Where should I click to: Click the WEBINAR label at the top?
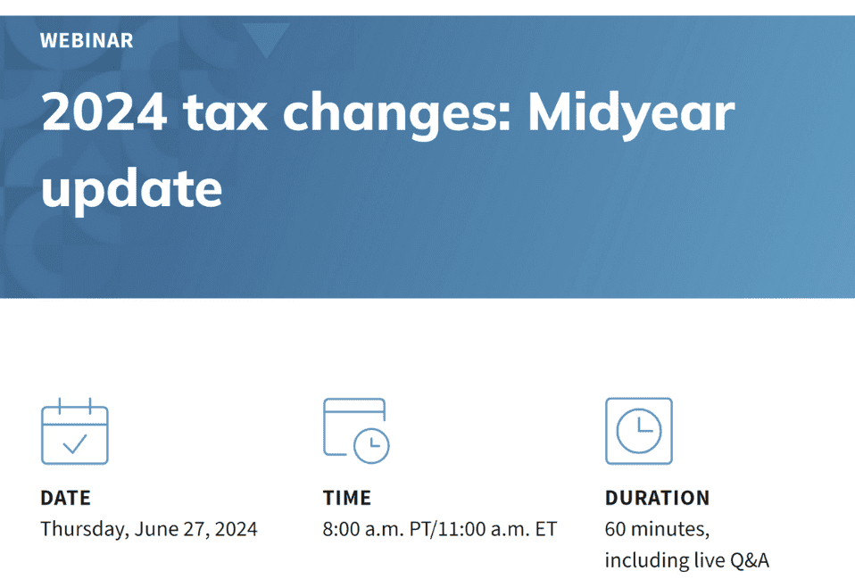pyautogui.click(x=87, y=40)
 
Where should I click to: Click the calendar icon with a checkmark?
pyautogui.click(x=75, y=432)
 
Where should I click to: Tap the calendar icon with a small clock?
pyautogui.click(x=356, y=430)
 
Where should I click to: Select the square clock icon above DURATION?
pyautogui.click(x=638, y=431)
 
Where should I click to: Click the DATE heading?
pyautogui.click(x=65, y=498)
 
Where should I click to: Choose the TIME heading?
pyautogui.click(x=346, y=498)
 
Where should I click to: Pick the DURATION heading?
pyautogui.click(x=657, y=498)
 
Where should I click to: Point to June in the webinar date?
pyautogui.click(x=155, y=529)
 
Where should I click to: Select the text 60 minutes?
pyautogui.click(x=656, y=529)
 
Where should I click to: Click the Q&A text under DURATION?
pyautogui.click(x=749, y=560)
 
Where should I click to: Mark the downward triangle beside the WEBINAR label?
pyautogui.click(x=266, y=40)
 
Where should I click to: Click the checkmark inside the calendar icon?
pyautogui.click(x=75, y=442)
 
